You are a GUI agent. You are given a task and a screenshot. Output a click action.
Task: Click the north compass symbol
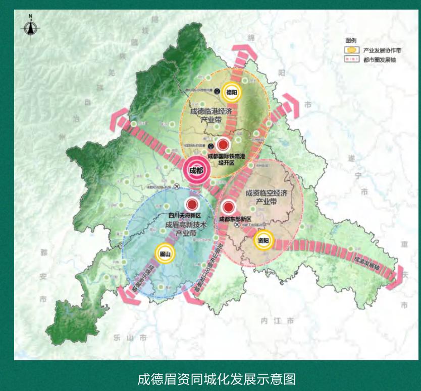click(30, 26)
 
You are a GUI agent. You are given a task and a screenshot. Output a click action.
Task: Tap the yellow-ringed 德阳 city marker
click(231, 92)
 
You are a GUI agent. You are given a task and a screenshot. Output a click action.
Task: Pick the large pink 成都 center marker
click(195, 169)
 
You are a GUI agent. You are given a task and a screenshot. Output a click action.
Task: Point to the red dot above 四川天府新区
click(192, 205)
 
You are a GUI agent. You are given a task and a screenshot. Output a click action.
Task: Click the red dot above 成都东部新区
click(229, 207)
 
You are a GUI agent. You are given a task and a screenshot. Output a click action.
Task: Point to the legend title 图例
click(350, 42)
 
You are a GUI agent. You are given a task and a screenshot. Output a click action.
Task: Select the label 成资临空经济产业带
click(262, 197)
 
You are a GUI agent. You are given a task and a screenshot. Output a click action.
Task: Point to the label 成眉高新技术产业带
click(186, 230)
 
